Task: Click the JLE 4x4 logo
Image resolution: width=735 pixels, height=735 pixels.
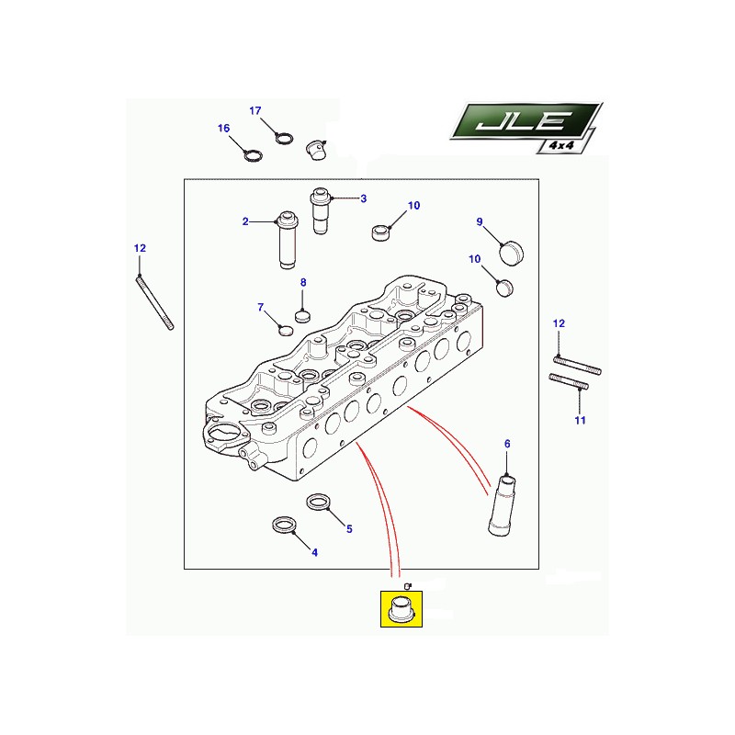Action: click(x=526, y=128)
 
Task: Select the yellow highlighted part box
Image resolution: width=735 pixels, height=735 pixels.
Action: click(x=401, y=608)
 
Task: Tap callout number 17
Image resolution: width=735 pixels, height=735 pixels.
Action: click(x=255, y=110)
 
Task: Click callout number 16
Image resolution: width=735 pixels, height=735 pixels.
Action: click(x=223, y=128)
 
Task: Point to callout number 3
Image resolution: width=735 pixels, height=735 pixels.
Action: click(x=363, y=198)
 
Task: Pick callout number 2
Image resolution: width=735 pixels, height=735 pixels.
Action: click(x=245, y=221)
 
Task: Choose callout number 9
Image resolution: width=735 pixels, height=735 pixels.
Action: click(x=480, y=221)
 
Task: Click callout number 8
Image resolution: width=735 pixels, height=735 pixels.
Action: click(x=303, y=282)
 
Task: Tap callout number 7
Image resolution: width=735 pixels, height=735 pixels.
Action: click(x=261, y=307)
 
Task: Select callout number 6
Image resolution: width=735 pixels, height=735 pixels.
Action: click(x=507, y=444)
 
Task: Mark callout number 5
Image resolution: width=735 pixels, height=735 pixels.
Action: click(x=349, y=529)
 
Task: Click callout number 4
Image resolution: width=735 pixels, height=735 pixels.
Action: click(x=314, y=553)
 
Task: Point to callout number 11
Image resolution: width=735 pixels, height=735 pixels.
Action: click(x=581, y=420)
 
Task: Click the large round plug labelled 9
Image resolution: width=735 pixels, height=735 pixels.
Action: click(x=512, y=253)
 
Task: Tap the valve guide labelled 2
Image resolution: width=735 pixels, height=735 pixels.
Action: click(x=287, y=240)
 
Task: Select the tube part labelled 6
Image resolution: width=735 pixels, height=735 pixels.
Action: click(x=502, y=505)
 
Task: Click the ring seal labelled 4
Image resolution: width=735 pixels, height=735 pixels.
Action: click(x=284, y=525)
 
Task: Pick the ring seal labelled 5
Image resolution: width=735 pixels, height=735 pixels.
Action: click(x=318, y=502)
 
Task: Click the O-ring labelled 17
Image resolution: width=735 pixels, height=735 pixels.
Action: click(x=285, y=139)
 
